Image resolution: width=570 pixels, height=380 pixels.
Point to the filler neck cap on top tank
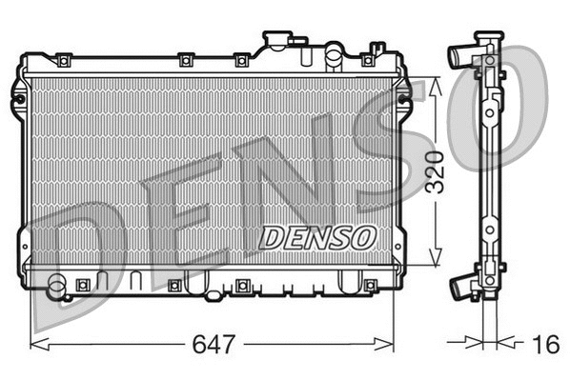[277, 41]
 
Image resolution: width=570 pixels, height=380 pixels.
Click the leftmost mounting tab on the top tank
[63, 62]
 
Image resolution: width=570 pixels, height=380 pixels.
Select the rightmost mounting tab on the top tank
[368, 60]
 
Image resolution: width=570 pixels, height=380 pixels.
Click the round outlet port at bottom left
[57, 283]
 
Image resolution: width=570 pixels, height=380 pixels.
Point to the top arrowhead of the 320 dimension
[436, 83]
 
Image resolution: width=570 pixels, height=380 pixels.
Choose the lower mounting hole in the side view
[489, 230]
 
